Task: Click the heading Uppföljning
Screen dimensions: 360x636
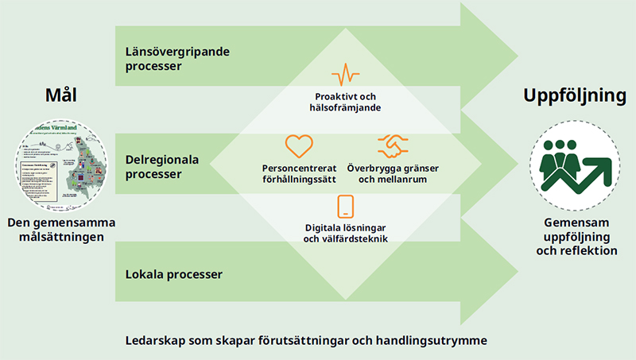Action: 575,96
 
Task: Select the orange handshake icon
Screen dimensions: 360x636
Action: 393,145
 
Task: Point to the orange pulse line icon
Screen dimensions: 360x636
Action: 346,75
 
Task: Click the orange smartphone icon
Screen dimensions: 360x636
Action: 345,206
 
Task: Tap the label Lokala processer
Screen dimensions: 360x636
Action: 173,275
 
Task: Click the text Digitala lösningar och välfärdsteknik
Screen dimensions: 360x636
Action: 345,233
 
